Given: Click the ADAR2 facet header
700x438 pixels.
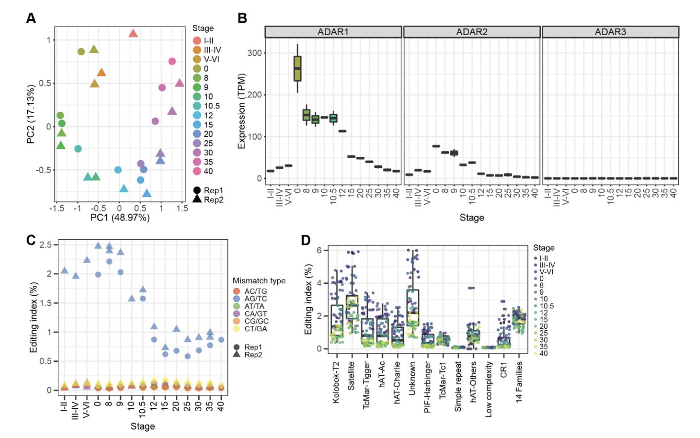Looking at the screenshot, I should (x=472, y=32).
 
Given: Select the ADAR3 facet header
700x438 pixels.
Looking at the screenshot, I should (x=610, y=32).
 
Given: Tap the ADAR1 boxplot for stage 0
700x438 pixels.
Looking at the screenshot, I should (x=297, y=68).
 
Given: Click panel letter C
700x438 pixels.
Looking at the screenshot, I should (x=31, y=240).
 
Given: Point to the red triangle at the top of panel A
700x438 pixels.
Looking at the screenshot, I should (x=133, y=34).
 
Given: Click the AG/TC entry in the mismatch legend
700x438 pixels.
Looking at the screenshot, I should (x=256, y=299).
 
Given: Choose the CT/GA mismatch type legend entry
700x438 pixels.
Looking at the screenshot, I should (x=256, y=329).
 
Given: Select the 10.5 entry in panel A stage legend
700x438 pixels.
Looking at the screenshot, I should (x=212, y=106).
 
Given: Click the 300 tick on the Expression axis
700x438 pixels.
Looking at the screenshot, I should (x=255, y=53).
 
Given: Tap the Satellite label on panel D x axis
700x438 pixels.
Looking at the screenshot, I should (x=351, y=376).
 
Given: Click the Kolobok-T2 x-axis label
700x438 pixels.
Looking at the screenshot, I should (x=336, y=382).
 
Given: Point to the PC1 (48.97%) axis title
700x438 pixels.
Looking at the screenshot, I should (x=120, y=218).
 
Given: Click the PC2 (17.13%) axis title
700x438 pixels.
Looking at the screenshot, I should (x=31, y=115).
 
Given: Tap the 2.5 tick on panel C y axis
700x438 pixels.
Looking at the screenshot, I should (x=46, y=245).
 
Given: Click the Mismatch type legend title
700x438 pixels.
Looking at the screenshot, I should (x=259, y=281).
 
